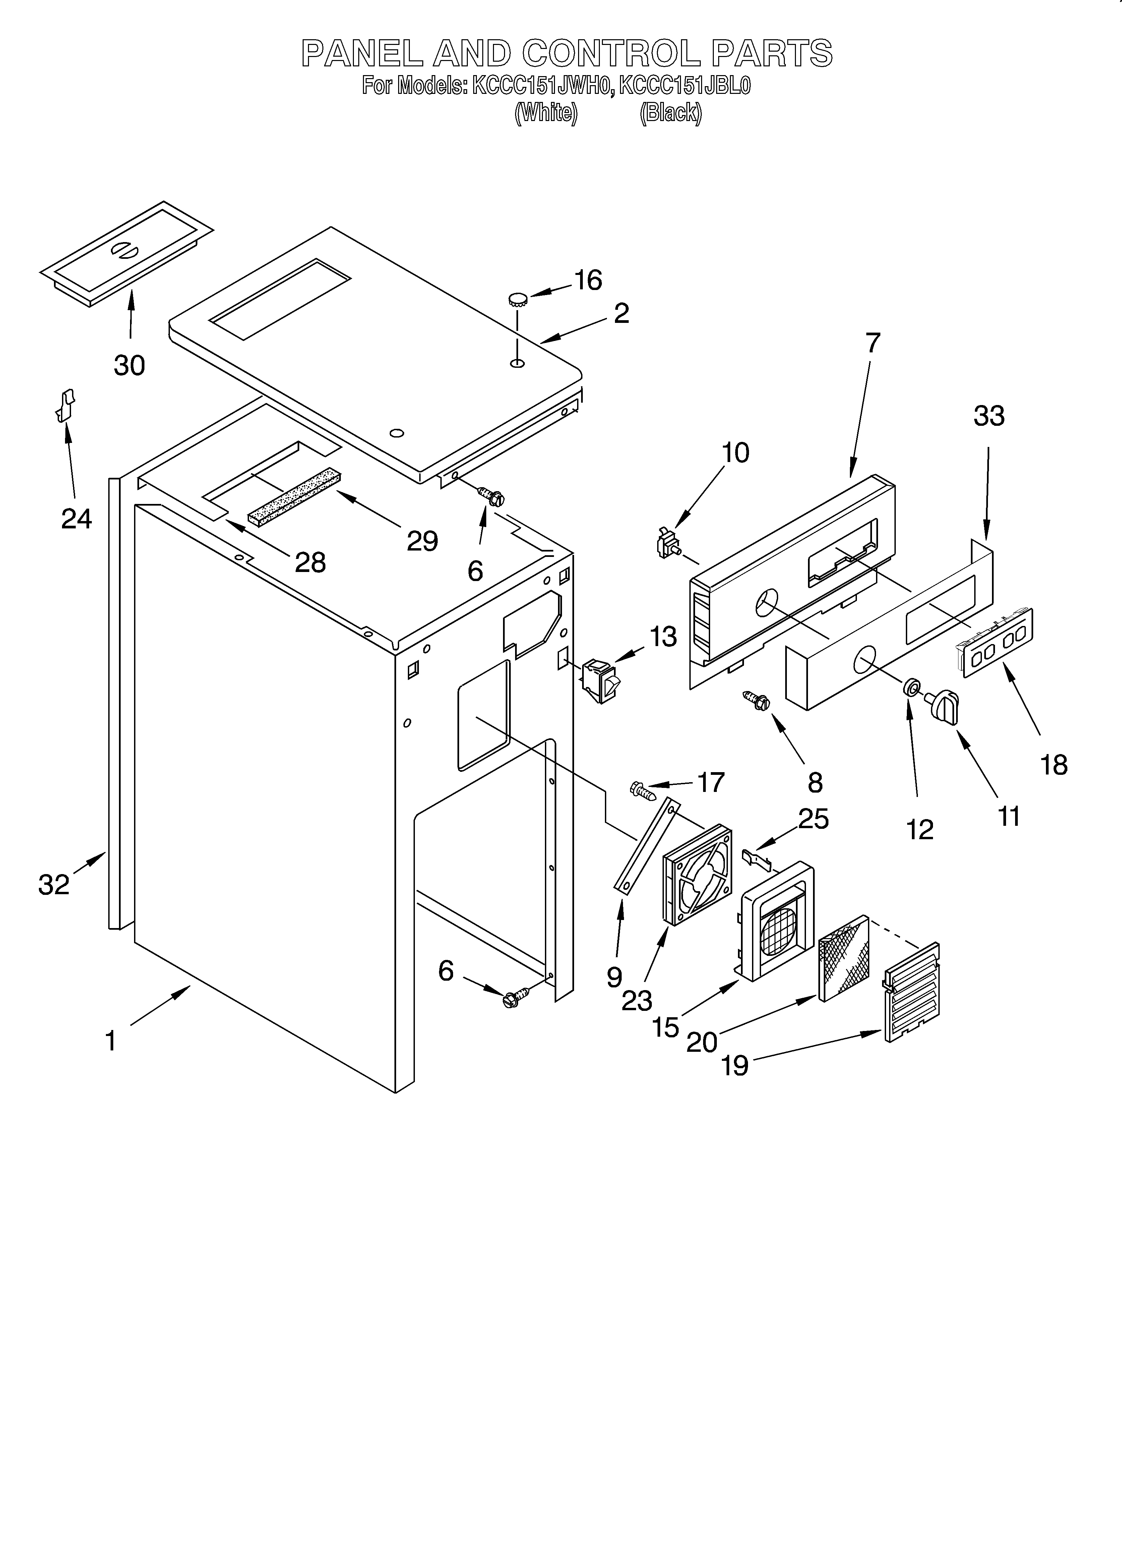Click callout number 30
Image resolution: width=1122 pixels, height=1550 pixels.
(x=129, y=366)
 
